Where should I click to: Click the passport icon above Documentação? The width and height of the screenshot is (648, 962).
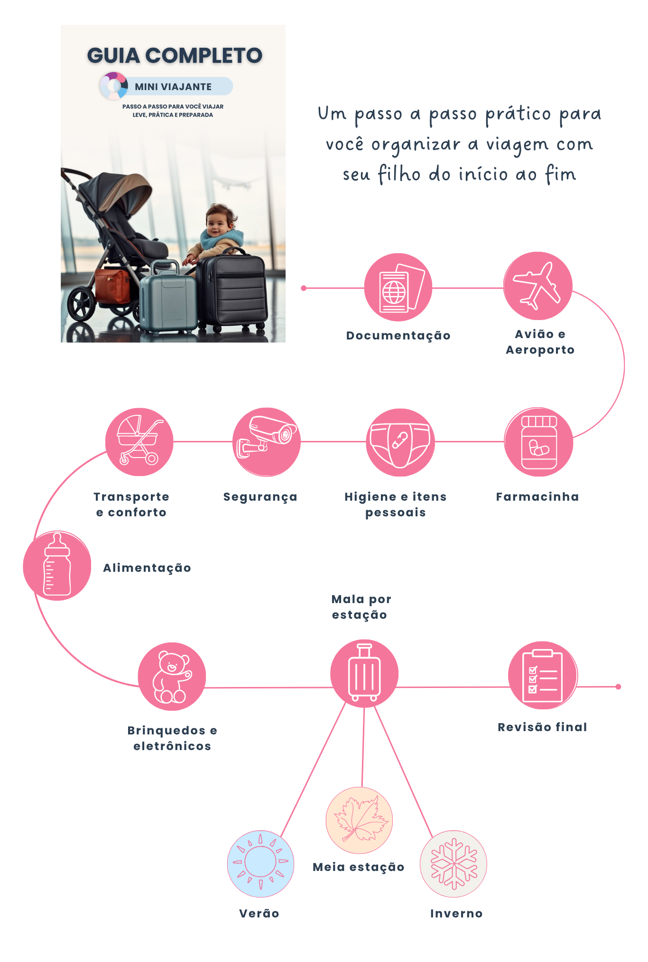pyautogui.click(x=398, y=287)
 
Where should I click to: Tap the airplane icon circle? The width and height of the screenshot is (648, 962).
pyautogui.click(x=538, y=286)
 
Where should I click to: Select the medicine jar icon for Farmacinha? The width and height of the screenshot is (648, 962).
pyautogui.click(x=538, y=442)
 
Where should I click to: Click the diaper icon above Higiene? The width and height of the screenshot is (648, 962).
pyautogui.click(x=400, y=442)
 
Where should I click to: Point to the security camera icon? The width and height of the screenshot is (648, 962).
pyautogui.click(x=267, y=442)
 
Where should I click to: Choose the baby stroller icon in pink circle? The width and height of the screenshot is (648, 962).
pyautogui.click(x=139, y=442)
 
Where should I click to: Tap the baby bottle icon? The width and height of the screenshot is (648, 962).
pyautogui.click(x=57, y=566)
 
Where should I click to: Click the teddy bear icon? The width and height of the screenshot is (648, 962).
pyautogui.click(x=172, y=677)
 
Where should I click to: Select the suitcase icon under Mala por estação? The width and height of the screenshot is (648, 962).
pyautogui.click(x=364, y=673)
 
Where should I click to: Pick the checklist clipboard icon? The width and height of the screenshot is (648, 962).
pyautogui.click(x=543, y=676)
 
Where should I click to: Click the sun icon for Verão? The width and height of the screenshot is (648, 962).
pyautogui.click(x=260, y=864)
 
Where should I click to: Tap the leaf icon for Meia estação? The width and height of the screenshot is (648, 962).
pyautogui.click(x=359, y=820)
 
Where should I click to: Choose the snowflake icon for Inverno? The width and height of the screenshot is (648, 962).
pyautogui.click(x=454, y=864)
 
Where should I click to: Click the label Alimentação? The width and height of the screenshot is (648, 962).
pyautogui.click(x=147, y=568)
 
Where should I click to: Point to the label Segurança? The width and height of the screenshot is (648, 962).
pyautogui.click(x=260, y=497)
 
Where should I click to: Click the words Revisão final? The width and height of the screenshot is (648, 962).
pyautogui.click(x=542, y=727)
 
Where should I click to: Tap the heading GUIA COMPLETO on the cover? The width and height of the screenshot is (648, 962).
pyautogui.click(x=175, y=55)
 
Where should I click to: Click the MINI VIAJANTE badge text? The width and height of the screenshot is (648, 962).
pyautogui.click(x=173, y=87)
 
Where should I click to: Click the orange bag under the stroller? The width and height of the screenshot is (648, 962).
pyautogui.click(x=112, y=286)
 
